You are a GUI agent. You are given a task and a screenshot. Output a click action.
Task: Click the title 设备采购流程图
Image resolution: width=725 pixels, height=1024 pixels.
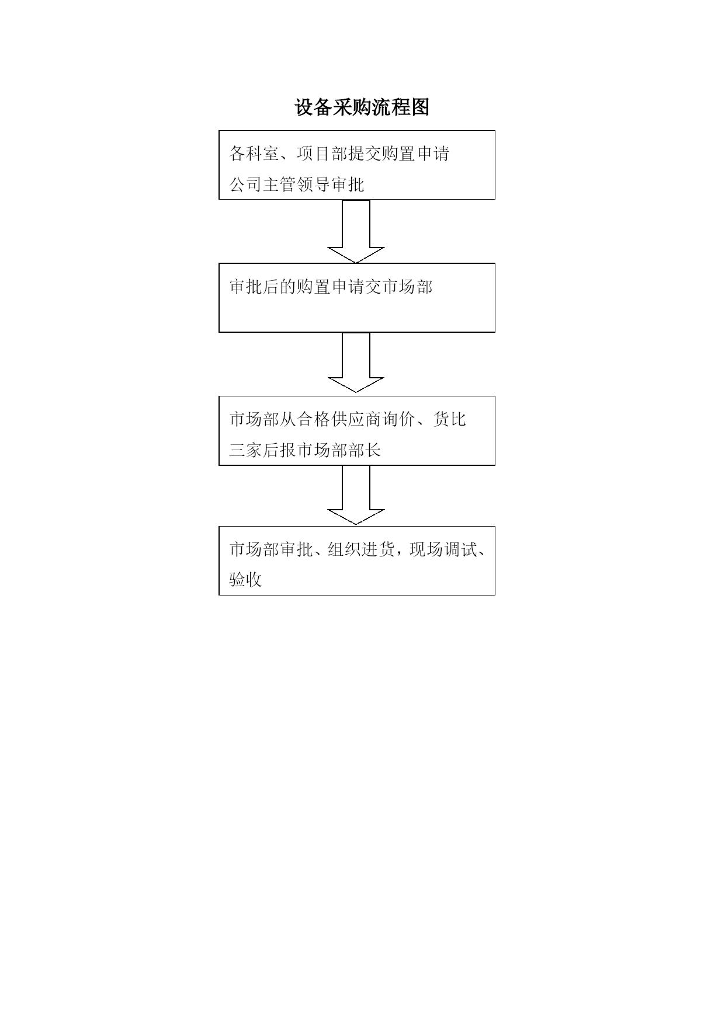point(362,107)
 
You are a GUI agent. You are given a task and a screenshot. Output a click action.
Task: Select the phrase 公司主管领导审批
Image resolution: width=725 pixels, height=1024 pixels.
point(297,185)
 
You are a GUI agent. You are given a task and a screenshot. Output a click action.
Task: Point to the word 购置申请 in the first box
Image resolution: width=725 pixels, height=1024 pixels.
point(416,154)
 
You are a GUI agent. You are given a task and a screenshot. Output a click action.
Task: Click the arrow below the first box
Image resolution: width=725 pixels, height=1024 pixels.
point(356,231)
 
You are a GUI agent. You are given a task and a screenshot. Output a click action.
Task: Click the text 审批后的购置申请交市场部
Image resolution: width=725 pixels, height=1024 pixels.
point(331,287)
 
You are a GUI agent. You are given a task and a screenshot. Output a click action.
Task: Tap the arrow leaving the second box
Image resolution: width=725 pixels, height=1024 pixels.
point(356,363)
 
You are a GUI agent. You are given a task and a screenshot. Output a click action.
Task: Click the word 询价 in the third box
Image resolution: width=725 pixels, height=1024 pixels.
point(399,420)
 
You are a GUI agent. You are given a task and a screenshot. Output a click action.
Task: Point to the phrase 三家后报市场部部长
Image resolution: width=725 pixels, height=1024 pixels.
point(305,450)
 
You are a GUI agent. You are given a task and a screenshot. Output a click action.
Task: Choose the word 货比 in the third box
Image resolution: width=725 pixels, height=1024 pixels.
point(450,420)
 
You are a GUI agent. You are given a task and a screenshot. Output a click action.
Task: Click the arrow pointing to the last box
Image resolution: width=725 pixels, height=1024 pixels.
point(356,495)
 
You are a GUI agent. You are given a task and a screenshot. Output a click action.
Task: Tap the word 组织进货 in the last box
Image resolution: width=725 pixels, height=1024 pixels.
point(362,550)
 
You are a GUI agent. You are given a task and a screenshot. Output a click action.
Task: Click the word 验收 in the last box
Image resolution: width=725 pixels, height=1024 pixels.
point(245,580)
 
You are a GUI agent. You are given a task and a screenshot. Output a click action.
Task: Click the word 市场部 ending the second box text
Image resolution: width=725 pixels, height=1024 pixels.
point(407,287)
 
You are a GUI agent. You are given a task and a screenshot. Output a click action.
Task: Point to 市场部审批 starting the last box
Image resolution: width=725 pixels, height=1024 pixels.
point(271,550)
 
